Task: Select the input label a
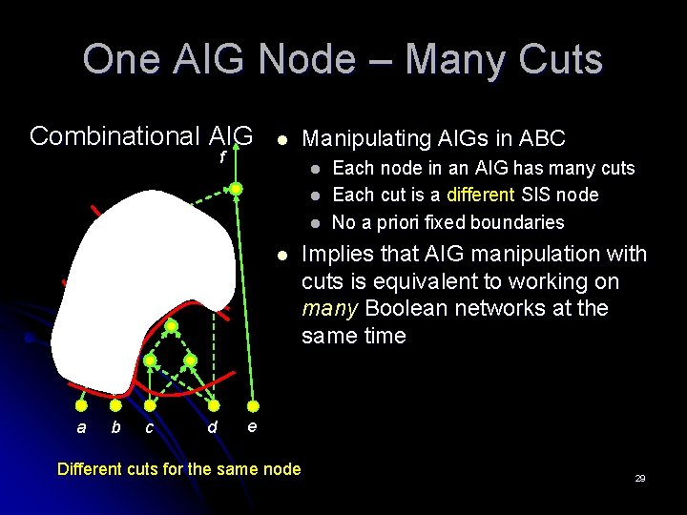[x=81, y=428]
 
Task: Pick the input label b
[x=115, y=427]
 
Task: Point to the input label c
[x=149, y=428]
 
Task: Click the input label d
[x=212, y=428]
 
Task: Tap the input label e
[x=251, y=426]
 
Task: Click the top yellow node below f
[x=236, y=190]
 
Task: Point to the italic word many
[x=327, y=309]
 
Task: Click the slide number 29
[x=640, y=478]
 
